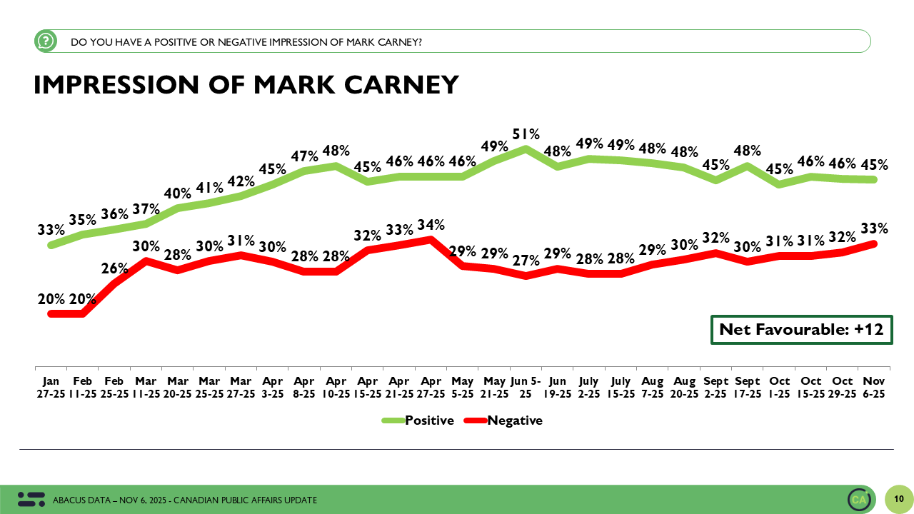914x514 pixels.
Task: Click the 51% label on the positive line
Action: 526,133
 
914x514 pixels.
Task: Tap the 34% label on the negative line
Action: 431,225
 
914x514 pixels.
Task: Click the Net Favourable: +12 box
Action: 801,329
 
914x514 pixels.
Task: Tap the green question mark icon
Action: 46,41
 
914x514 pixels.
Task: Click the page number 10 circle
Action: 899,498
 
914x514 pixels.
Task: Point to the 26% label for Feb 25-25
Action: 114,268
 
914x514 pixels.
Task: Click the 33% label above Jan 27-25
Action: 51,230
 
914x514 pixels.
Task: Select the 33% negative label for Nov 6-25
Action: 875,228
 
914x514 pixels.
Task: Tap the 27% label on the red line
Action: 526,261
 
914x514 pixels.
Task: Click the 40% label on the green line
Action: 178,193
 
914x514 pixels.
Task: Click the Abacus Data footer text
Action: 185,500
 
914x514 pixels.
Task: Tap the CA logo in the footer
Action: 859,499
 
